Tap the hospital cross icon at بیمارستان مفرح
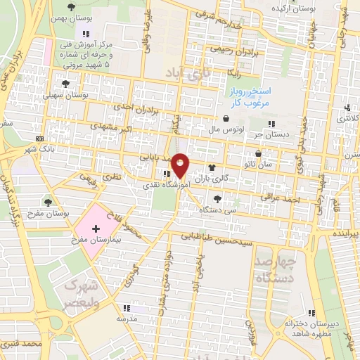click(x=96, y=229)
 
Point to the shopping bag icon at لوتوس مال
click(x=226, y=119)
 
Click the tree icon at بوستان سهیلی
click(x=65, y=83)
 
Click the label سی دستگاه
click(x=215, y=210)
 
